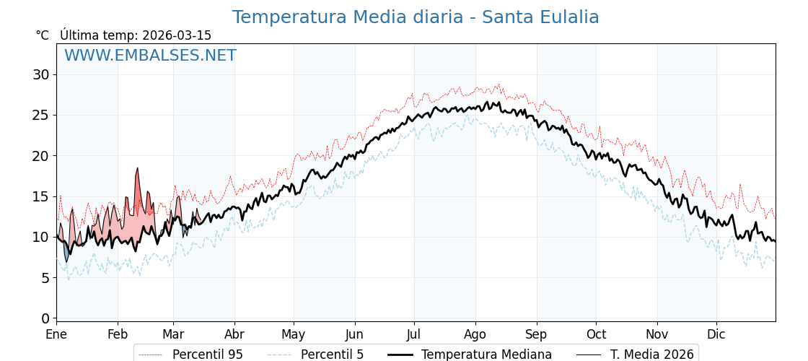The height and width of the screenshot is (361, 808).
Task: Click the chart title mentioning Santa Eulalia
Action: pyautogui.click(x=416, y=17)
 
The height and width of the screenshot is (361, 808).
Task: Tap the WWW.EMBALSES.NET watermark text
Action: pyautogui.click(x=150, y=56)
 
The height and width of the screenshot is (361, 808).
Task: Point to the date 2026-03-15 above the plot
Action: pyautogui.click(x=177, y=35)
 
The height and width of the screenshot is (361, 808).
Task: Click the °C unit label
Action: pyautogui.click(x=43, y=35)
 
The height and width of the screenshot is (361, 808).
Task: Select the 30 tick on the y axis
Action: pyautogui.click(x=41, y=74)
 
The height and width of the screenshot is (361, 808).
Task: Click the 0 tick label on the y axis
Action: pyautogui.click(x=45, y=318)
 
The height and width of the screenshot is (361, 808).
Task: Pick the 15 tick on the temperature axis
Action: pyautogui.click(x=41, y=196)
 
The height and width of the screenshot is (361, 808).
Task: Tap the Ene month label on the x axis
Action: pyautogui.click(x=56, y=335)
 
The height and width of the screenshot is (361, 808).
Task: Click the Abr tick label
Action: pyautogui.click(x=234, y=335)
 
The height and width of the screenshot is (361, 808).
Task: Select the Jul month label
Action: pyautogui.click(x=414, y=335)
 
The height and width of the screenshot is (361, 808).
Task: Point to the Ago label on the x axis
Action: pyautogui.click(x=475, y=335)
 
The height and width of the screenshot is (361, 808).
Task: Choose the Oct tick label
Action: pyautogui.click(x=596, y=335)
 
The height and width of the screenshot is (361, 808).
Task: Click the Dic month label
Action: pyautogui.click(x=716, y=335)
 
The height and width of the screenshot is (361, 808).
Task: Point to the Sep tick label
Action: pyautogui.click(x=537, y=335)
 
